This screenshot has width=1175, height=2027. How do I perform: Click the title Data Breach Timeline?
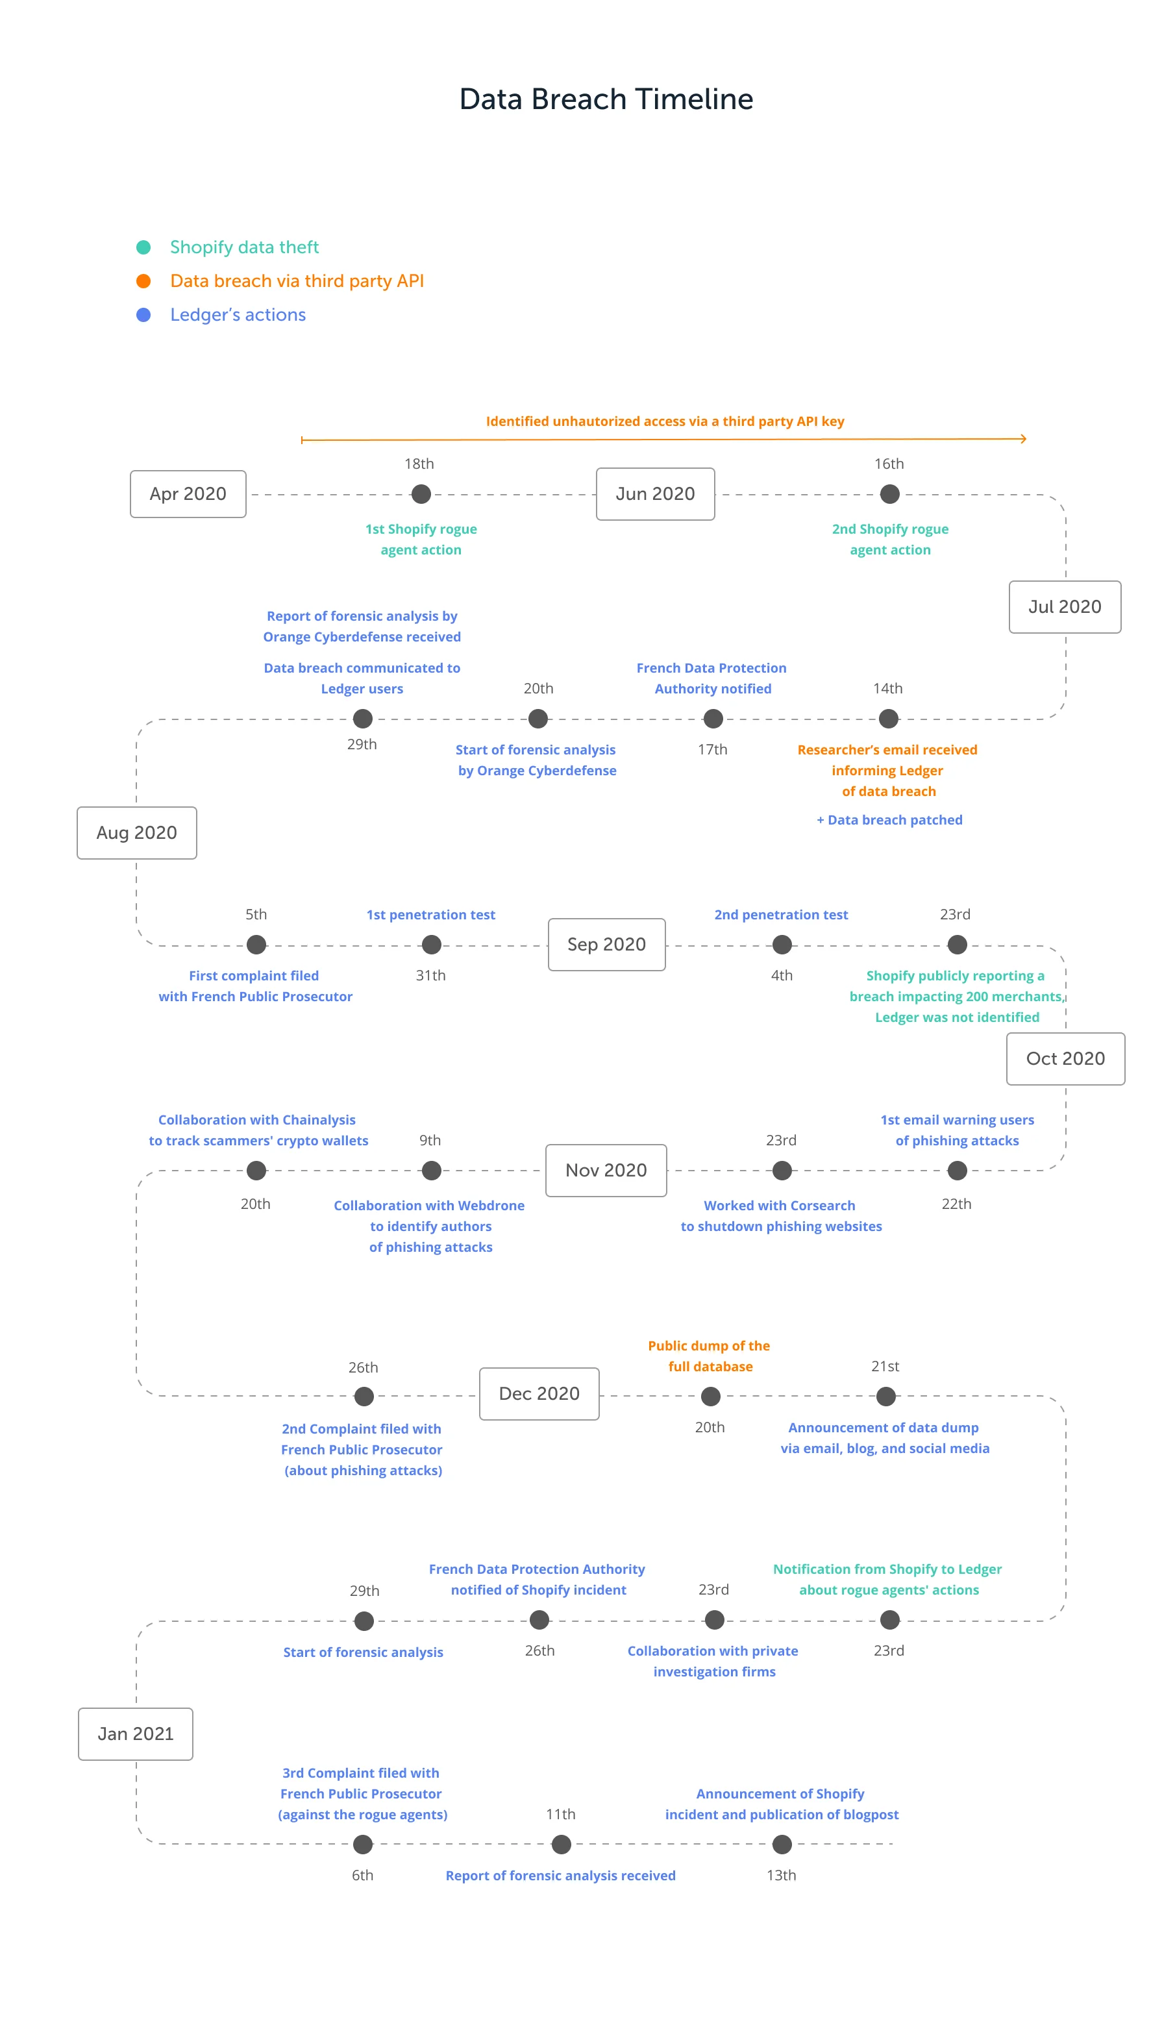tap(606, 99)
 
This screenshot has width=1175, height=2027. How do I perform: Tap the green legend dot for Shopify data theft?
tap(143, 247)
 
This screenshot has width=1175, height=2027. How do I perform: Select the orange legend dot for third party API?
tap(143, 280)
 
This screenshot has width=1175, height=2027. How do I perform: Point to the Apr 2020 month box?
tap(188, 494)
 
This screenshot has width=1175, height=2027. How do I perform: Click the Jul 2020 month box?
tap(1064, 606)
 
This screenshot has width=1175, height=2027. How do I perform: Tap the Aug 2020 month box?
tap(137, 832)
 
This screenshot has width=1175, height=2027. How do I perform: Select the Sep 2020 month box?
tap(606, 944)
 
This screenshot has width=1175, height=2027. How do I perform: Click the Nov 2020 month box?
tap(606, 1171)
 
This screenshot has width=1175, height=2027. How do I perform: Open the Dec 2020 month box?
tap(539, 1394)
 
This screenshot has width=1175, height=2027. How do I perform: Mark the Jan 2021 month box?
tap(135, 1734)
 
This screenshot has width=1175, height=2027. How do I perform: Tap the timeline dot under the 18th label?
tap(421, 494)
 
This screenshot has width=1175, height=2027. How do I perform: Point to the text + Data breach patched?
tap(889, 819)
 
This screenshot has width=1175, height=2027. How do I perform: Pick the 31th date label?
tap(430, 975)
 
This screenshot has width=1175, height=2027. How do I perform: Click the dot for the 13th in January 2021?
tap(782, 1844)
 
